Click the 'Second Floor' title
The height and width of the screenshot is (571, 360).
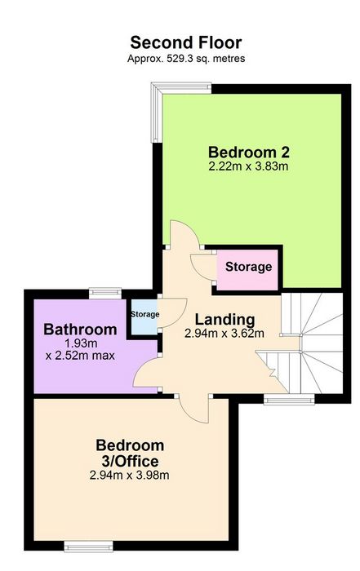click(186, 42)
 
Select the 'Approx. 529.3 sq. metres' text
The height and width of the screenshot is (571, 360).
click(186, 58)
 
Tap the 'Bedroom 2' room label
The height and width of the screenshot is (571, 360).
click(249, 152)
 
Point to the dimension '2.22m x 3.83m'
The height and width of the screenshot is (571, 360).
click(248, 166)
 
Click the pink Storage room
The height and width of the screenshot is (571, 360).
click(248, 270)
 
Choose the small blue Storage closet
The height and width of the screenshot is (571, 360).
click(144, 316)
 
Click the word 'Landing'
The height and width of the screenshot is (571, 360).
click(224, 320)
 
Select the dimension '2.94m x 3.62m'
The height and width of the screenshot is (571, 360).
click(224, 333)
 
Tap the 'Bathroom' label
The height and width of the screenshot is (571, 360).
click(80, 330)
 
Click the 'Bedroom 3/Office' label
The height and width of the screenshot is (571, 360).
click(130, 453)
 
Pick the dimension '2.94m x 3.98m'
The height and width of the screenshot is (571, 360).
click(129, 475)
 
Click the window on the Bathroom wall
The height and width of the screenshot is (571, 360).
click(105, 293)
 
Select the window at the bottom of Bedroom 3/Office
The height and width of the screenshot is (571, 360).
click(88, 546)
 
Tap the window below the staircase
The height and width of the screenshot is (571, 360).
click(289, 399)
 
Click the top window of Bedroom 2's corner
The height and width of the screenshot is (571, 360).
click(181, 88)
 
